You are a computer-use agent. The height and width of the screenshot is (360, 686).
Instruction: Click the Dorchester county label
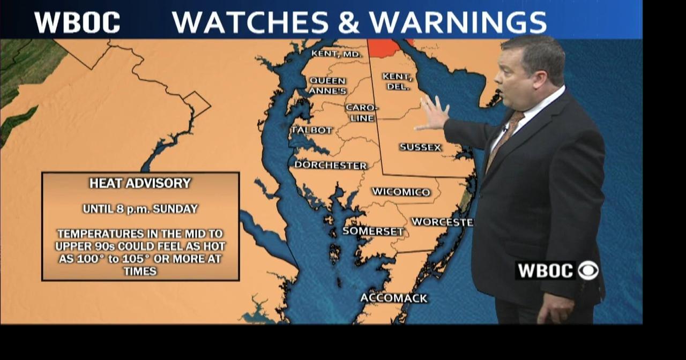[330, 165]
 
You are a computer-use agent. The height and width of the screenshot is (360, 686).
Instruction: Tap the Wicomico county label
[401, 192]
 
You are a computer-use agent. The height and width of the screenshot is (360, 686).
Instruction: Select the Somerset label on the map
[373, 231]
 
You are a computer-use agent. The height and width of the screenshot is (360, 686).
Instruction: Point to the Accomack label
[394, 298]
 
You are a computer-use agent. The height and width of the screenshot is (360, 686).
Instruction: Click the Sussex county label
[420, 147]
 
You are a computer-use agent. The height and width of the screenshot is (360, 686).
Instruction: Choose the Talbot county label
[312, 130]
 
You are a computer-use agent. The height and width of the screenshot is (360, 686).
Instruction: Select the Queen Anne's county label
[327, 86]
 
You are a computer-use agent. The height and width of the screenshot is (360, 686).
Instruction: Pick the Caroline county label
[362, 112]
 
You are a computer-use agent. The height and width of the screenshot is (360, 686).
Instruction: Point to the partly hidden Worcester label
[442, 222]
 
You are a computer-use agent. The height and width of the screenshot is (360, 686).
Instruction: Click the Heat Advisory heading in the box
[140, 183]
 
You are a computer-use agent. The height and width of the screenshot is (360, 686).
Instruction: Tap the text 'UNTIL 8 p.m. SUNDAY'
[140, 209]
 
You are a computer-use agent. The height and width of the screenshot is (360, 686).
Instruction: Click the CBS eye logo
[588, 270]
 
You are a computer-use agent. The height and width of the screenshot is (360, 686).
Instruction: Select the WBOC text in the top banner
[77, 22]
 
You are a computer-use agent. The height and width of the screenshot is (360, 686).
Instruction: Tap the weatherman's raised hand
[433, 114]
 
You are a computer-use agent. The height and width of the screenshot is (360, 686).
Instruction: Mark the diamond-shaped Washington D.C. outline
[197, 104]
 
